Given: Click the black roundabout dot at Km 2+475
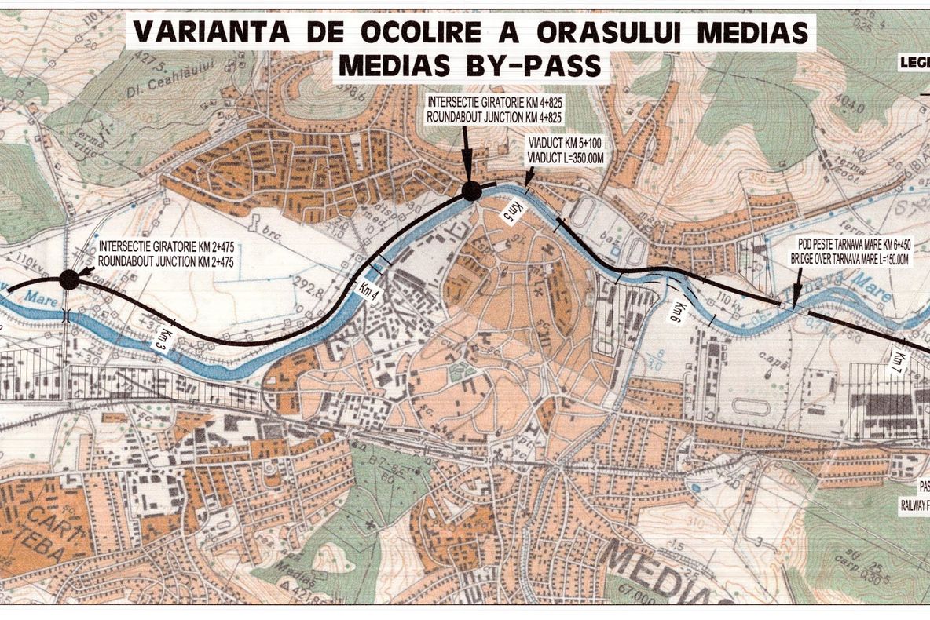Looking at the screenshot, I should pyautogui.click(x=69, y=279).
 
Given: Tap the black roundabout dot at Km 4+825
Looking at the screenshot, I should pyautogui.click(x=471, y=191).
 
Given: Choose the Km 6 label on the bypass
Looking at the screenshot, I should pyautogui.click(x=673, y=311).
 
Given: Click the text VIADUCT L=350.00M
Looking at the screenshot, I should pyautogui.click(x=566, y=159).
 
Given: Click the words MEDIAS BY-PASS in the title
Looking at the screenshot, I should pyautogui.click(x=470, y=66).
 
